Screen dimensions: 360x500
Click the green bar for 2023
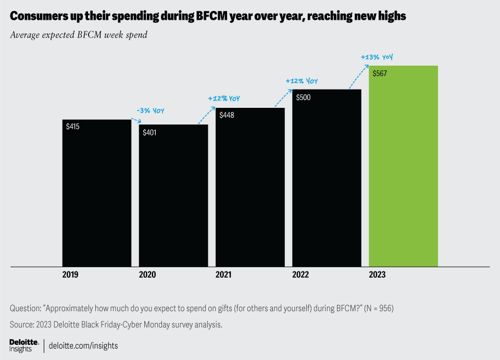click(403, 166)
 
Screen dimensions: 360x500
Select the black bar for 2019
click(96, 193)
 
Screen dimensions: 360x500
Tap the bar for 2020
click(173, 195)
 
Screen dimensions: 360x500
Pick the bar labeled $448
click(250, 187)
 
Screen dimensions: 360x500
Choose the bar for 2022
click(327, 178)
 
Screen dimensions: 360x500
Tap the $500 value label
click(303, 97)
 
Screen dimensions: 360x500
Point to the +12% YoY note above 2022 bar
click(301, 81)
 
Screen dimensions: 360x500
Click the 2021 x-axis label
click(224, 275)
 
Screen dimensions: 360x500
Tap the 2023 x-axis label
click(377, 275)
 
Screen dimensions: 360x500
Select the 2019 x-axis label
click(70, 275)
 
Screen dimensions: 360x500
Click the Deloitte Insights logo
click(24, 345)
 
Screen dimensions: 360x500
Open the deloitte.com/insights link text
click(83, 345)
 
